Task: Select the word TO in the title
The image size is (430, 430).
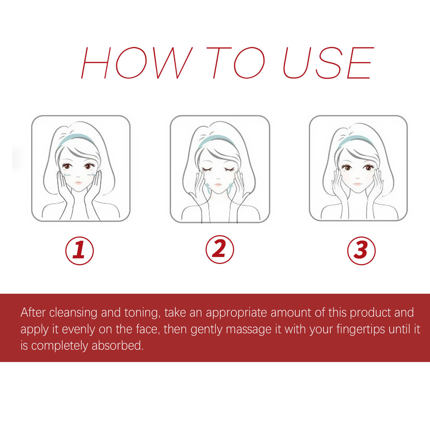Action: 236,63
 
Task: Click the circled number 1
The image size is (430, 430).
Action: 79,251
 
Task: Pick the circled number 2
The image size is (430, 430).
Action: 220,249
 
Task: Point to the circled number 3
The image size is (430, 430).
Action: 361,251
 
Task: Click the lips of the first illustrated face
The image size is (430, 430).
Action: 78,183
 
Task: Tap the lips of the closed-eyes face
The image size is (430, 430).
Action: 218,185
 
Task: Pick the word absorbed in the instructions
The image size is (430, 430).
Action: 118,346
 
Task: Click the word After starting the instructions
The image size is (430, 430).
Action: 33,312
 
